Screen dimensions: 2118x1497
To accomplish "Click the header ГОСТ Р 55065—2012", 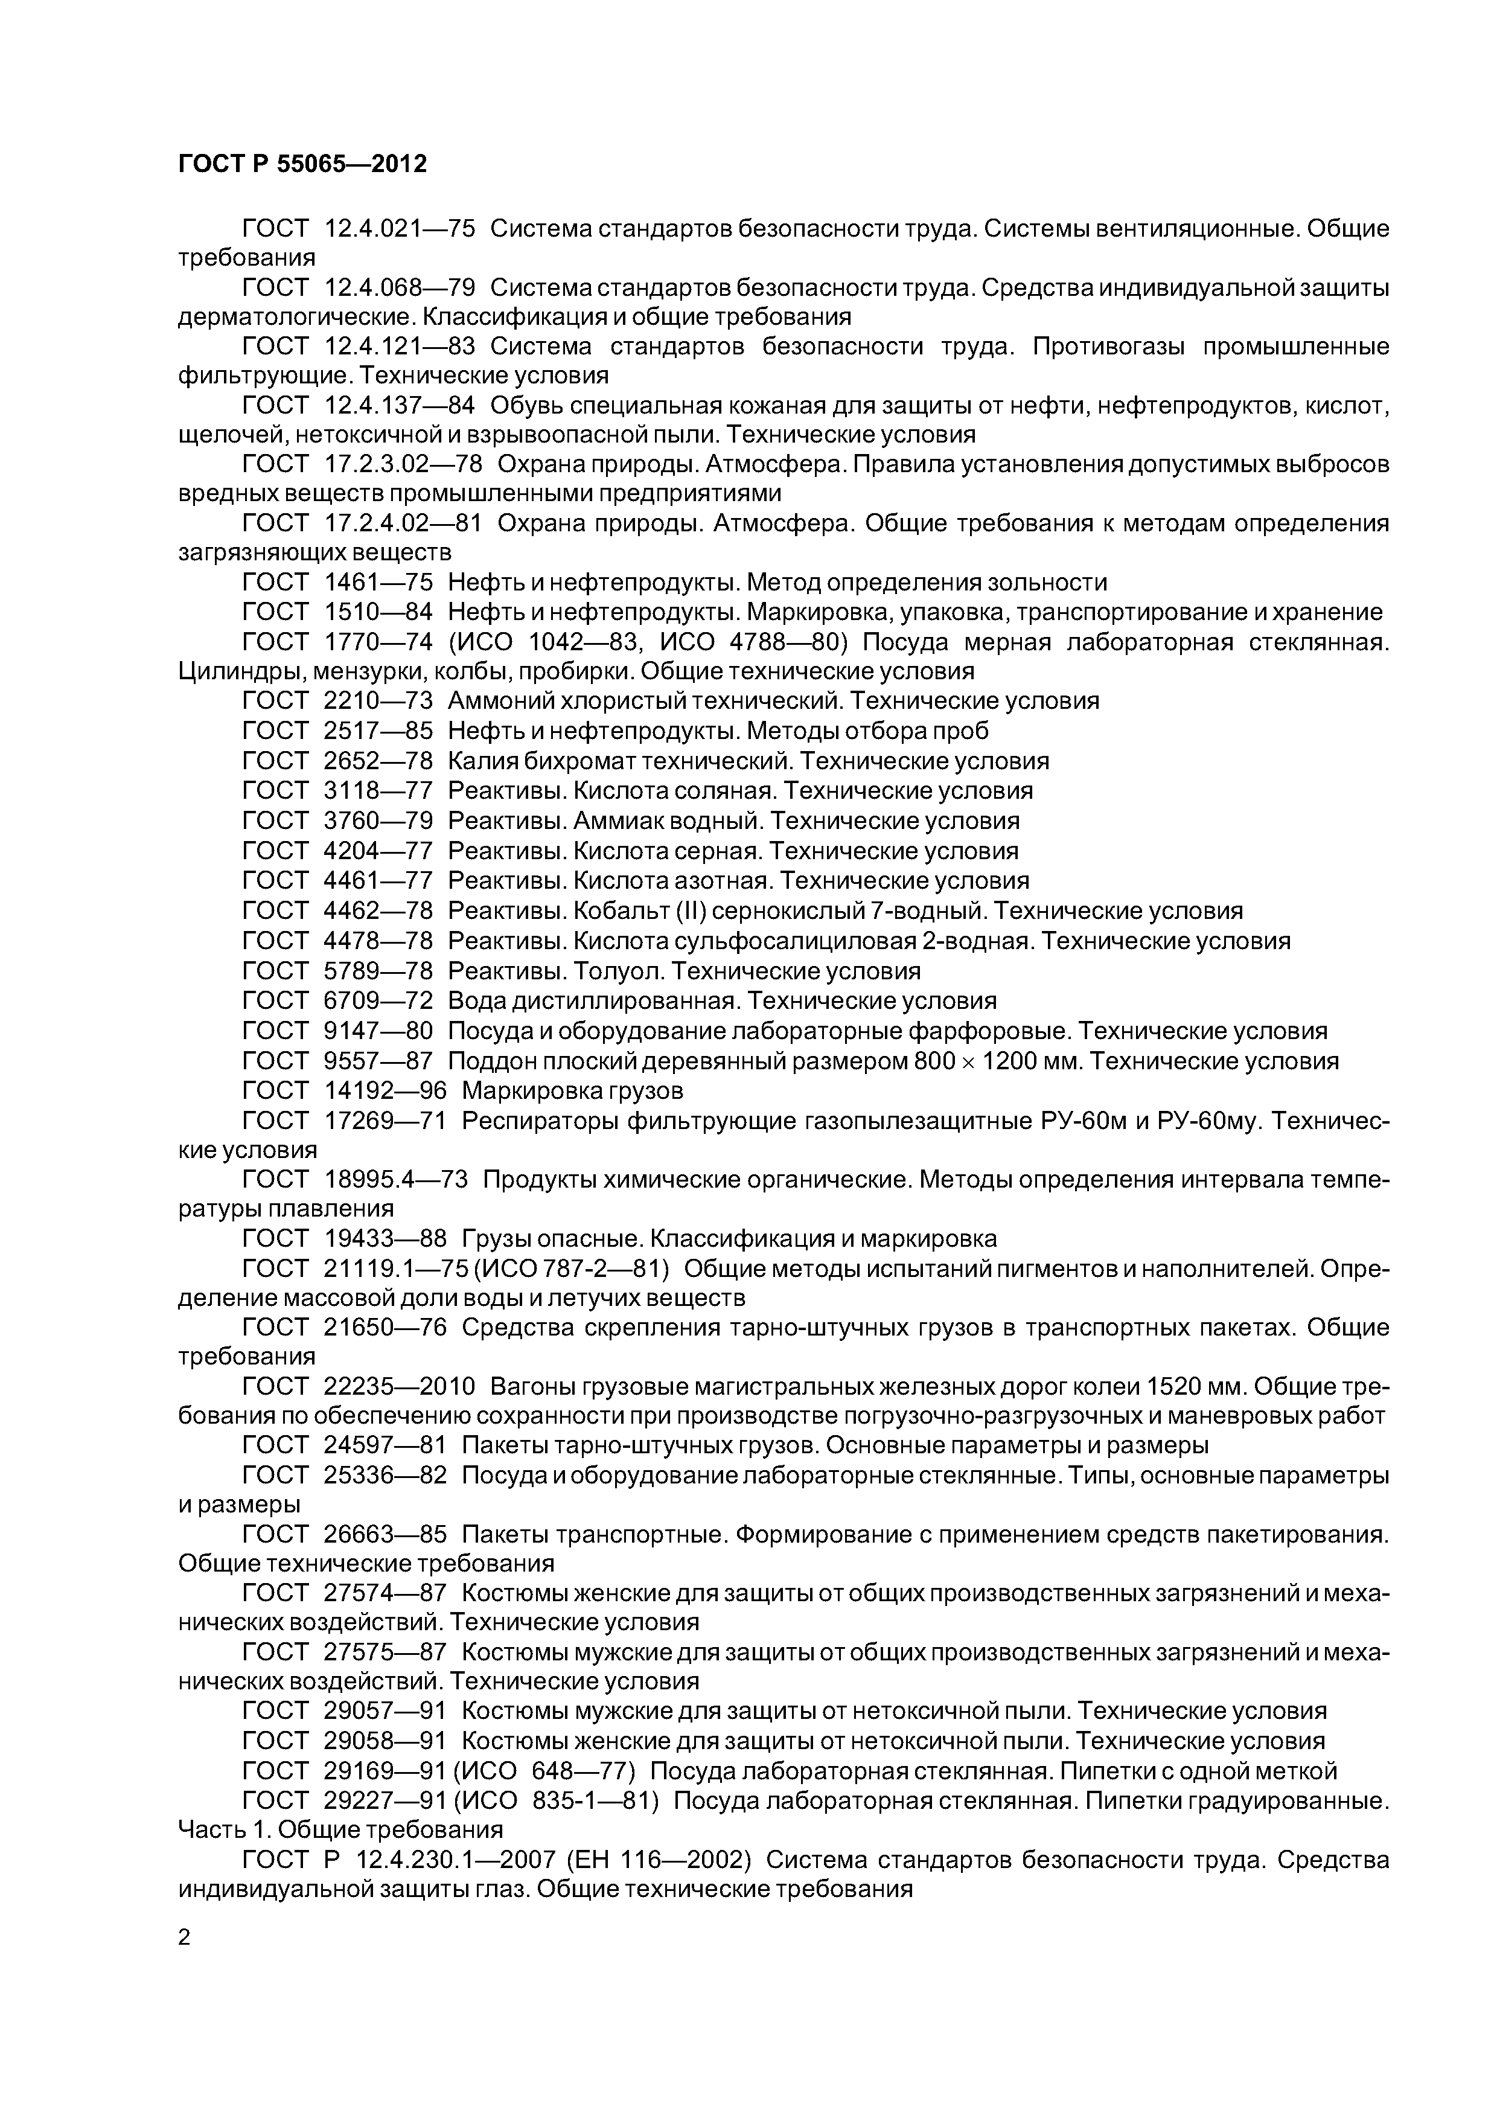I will pos(302,164).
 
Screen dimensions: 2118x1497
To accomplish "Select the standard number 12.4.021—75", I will pos(400,229).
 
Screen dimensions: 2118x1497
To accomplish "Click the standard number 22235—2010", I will pos(400,1387).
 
